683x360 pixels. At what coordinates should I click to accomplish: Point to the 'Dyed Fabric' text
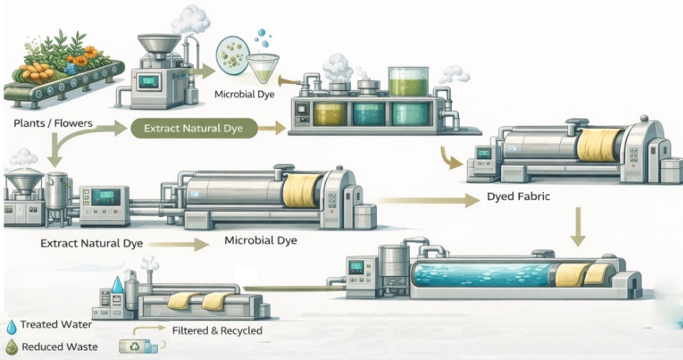click(518, 197)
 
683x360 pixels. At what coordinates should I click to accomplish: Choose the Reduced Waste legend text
click(59, 347)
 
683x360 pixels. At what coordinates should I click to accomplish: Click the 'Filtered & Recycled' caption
click(216, 330)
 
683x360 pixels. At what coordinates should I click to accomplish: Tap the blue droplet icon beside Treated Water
click(11, 326)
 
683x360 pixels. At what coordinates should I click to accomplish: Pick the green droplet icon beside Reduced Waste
click(11, 347)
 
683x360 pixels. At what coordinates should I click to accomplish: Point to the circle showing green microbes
click(233, 55)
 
